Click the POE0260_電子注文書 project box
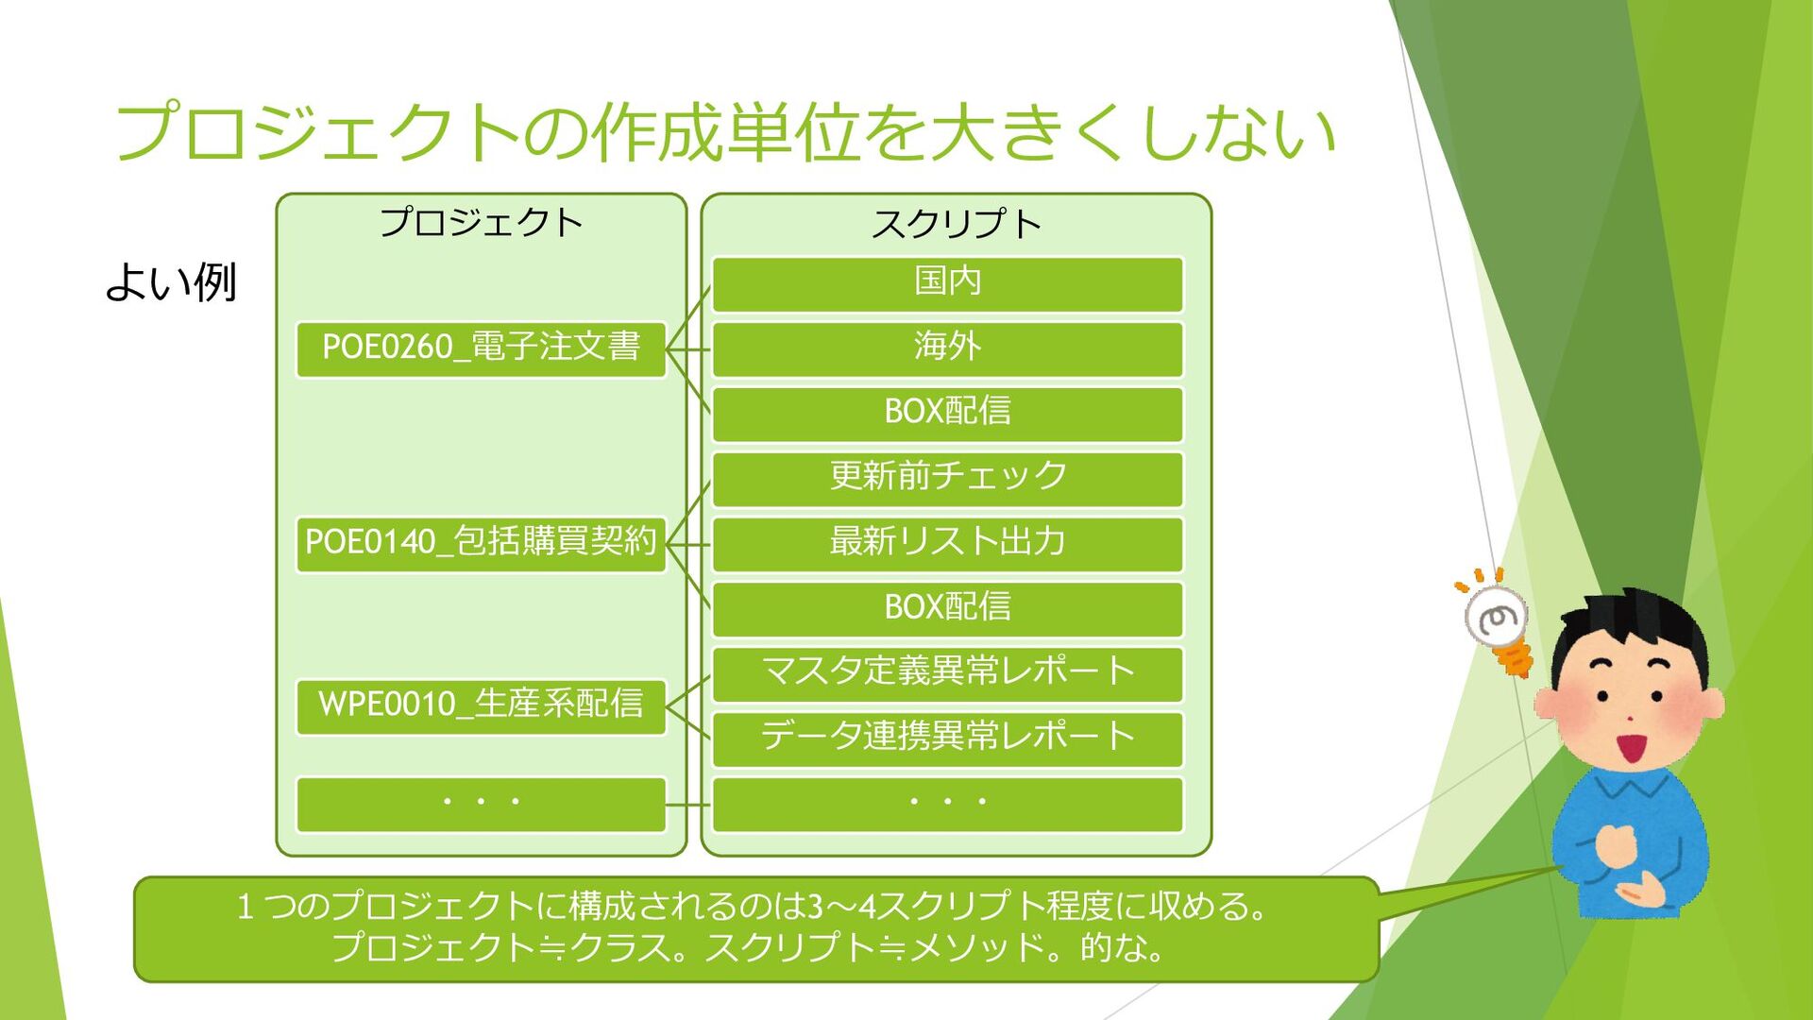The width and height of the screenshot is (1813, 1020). tap(481, 348)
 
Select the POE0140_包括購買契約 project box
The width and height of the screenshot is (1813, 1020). tap(481, 543)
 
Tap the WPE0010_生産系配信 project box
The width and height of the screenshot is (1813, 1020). tap(481, 705)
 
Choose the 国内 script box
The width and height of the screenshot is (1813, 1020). tap(947, 282)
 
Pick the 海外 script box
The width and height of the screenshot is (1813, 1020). tap(947, 348)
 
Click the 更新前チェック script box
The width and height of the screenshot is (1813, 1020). tap(947, 478)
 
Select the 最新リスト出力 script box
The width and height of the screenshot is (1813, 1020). tap(947, 543)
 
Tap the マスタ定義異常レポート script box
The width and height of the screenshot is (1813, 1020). tap(947, 672)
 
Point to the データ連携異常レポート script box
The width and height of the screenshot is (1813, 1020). tap(947, 738)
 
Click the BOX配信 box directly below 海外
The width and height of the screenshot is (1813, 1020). tap(947, 413)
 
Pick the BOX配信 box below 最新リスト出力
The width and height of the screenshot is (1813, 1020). tap(947, 607)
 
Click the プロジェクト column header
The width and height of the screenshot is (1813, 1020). tap(481, 223)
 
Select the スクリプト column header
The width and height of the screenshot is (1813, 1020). tap(956, 225)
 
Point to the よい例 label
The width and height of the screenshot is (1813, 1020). tap(171, 282)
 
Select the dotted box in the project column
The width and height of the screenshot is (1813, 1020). tap(481, 804)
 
